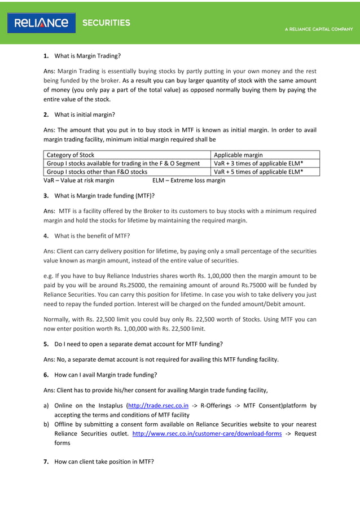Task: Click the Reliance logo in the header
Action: point(42,23)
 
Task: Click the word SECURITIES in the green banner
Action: point(106,23)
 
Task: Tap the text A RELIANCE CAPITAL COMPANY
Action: point(319,29)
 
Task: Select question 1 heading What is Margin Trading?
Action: point(87,56)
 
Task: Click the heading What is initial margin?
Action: point(84,115)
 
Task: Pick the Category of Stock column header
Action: point(71,155)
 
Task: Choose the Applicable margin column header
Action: point(239,155)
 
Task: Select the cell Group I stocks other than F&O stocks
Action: point(96,172)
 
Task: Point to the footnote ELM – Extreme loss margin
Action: point(188,181)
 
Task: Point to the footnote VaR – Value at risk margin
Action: point(79,181)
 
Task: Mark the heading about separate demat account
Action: point(138,344)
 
